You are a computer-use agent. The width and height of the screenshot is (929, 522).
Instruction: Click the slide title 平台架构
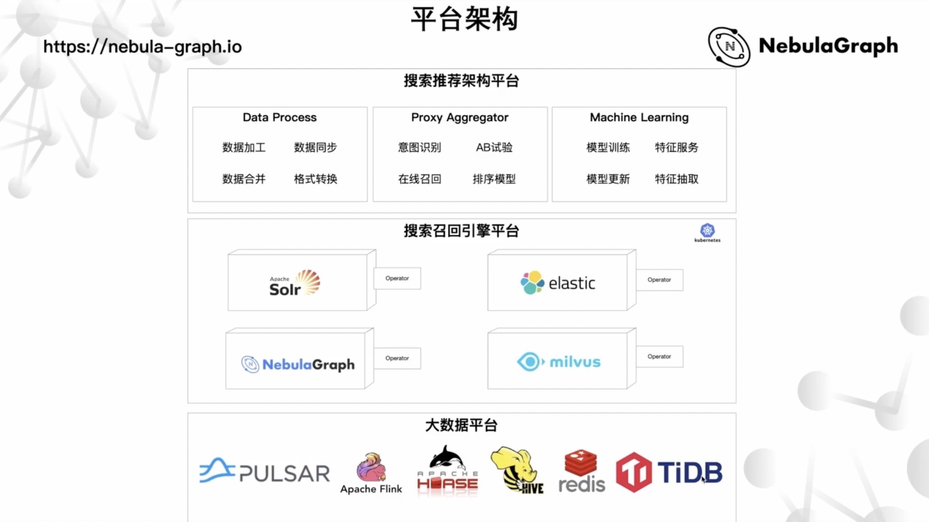(464, 19)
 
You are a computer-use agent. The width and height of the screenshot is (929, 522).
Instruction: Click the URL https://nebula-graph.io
(142, 47)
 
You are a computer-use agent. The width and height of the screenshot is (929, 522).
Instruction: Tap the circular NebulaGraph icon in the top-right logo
(729, 47)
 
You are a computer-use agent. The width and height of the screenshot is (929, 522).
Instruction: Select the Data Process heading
(280, 117)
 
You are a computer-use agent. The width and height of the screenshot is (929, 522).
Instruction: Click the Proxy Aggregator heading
(459, 117)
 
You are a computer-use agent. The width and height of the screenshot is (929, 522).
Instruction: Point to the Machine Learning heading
(639, 117)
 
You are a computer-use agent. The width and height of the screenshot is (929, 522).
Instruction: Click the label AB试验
(494, 147)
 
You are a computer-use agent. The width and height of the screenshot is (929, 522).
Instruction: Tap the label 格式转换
(315, 179)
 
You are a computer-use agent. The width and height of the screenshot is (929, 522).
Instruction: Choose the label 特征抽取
(677, 179)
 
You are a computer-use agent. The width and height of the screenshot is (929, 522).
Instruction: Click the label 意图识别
(419, 147)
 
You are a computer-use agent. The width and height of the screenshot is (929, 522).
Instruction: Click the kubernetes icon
(707, 231)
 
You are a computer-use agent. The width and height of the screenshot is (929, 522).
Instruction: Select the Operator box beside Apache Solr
(397, 278)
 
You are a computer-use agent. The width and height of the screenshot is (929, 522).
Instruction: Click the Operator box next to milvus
(659, 356)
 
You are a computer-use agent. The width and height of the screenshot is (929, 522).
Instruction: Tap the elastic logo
(558, 283)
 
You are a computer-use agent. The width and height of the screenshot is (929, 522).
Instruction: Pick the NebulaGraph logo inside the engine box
(298, 364)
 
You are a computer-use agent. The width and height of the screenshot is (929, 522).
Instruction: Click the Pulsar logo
(264, 472)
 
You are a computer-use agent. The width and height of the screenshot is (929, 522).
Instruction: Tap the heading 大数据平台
(461, 425)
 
